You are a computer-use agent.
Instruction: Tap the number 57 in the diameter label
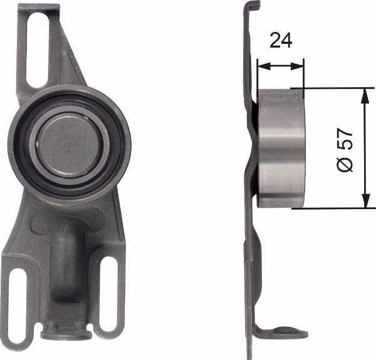click(x=345, y=141)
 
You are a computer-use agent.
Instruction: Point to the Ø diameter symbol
click(x=345, y=165)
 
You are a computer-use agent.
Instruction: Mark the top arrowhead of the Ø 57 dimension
click(x=364, y=93)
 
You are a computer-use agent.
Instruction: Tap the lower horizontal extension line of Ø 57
click(x=332, y=208)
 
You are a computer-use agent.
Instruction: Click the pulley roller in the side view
click(x=280, y=148)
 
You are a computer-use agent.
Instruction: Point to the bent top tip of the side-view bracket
click(x=254, y=6)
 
